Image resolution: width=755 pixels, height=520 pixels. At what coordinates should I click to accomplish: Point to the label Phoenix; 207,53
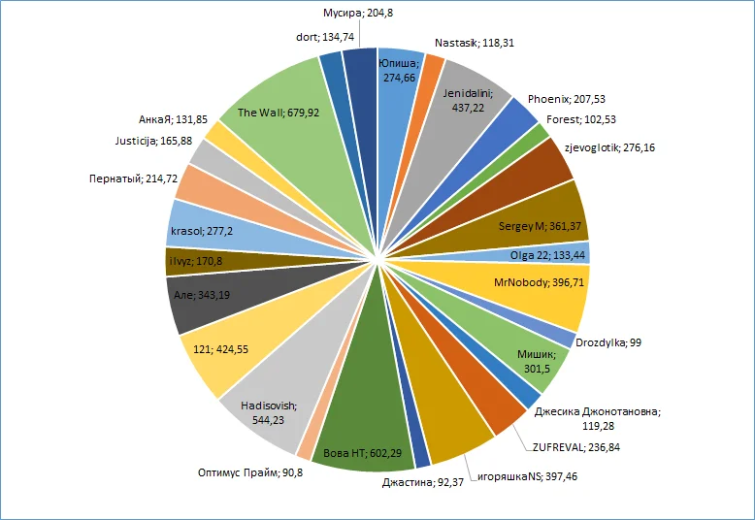(x=567, y=99)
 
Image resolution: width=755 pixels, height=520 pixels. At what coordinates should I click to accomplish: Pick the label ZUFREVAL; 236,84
(x=575, y=447)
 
